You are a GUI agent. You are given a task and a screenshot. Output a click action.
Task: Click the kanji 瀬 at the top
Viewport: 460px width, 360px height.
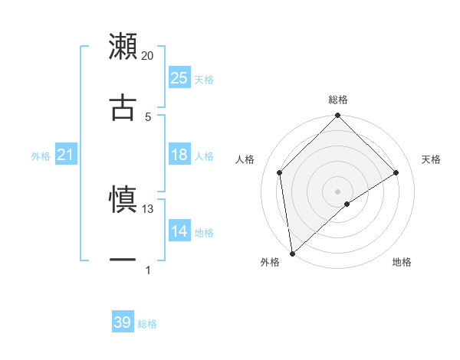pyautogui.click(x=123, y=46)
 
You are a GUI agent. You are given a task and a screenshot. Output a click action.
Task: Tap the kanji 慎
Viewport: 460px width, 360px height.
pyautogui.click(x=123, y=199)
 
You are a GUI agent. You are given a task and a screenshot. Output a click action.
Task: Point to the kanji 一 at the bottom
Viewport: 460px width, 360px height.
pyautogui.click(x=123, y=260)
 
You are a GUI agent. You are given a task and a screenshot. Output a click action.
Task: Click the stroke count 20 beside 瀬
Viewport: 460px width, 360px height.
pyautogui.click(x=148, y=56)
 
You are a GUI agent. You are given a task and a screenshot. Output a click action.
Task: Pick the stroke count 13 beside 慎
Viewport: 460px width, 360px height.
pyautogui.click(x=148, y=208)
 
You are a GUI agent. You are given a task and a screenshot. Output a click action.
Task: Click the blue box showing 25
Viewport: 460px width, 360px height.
pyautogui.click(x=179, y=78)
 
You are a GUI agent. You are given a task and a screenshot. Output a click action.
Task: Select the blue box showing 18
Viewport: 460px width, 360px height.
pyautogui.click(x=179, y=155)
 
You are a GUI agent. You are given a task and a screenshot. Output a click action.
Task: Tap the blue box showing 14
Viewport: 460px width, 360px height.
pyautogui.click(x=179, y=231)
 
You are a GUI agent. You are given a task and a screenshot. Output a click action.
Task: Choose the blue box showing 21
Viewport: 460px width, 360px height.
pyautogui.click(x=65, y=155)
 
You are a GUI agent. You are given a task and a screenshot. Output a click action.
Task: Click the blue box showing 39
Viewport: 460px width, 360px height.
pyautogui.click(x=123, y=322)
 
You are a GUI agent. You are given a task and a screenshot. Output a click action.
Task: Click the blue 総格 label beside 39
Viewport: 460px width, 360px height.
pyautogui.click(x=147, y=324)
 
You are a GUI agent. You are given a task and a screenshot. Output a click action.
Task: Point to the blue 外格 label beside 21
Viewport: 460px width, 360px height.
pyautogui.click(x=41, y=156)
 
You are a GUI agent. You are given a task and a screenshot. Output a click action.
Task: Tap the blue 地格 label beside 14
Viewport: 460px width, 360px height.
pyautogui.click(x=204, y=232)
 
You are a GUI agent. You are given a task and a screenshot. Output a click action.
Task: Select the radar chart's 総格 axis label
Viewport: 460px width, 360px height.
pyautogui.click(x=338, y=100)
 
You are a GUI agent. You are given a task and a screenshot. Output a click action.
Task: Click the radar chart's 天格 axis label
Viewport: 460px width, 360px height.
pyautogui.click(x=432, y=159)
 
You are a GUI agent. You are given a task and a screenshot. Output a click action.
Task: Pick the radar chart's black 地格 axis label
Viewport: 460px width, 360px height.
pyautogui.click(x=402, y=263)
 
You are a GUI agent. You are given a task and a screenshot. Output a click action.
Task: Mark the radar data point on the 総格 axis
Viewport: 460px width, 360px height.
pyautogui.click(x=338, y=117)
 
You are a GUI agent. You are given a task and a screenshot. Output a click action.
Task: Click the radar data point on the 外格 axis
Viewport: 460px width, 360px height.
pyautogui.click(x=292, y=254)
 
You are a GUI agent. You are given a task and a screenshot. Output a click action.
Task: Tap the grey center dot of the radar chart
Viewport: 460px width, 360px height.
pyautogui.click(x=338, y=191)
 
